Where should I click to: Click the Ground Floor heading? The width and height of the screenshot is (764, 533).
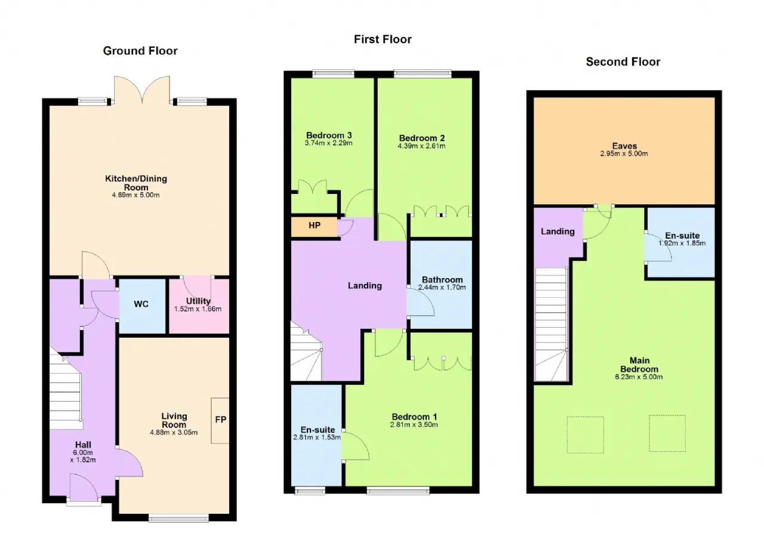tap(140, 51)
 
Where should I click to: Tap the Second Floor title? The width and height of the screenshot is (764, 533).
tap(623, 61)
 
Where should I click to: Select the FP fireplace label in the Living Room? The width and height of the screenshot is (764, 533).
tap(221, 420)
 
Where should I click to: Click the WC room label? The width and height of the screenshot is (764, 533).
tap(141, 304)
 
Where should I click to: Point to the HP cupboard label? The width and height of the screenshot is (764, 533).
tap(315, 225)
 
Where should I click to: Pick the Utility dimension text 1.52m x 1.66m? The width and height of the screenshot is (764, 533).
tap(198, 309)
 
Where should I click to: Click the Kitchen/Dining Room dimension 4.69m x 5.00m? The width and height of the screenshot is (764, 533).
tap(135, 195)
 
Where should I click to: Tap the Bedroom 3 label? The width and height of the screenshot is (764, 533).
tap(329, 135)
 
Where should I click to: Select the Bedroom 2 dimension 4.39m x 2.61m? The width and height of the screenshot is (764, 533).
tap(421, 146)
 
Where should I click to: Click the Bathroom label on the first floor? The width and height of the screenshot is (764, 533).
tap(442, 279)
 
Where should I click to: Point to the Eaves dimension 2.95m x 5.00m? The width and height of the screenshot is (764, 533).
tap(624, 153)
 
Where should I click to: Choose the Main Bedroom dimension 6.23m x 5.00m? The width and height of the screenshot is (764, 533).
tap(639, 377)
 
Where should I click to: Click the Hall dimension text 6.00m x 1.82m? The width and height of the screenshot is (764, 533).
tap(83, 456)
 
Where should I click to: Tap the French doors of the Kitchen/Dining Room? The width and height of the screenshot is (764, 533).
tap(142, 90)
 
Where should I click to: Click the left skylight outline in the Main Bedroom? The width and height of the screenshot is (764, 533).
tap(586, 435)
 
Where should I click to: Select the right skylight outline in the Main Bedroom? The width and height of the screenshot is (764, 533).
tap(667, 433)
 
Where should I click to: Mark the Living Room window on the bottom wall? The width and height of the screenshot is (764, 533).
tap(178, 518)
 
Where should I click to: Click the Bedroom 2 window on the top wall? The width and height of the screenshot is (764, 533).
tap(423, 73)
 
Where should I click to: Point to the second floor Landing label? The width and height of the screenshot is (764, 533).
tap(557, 232)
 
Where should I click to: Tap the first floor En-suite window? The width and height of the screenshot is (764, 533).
tap(310, 491)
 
